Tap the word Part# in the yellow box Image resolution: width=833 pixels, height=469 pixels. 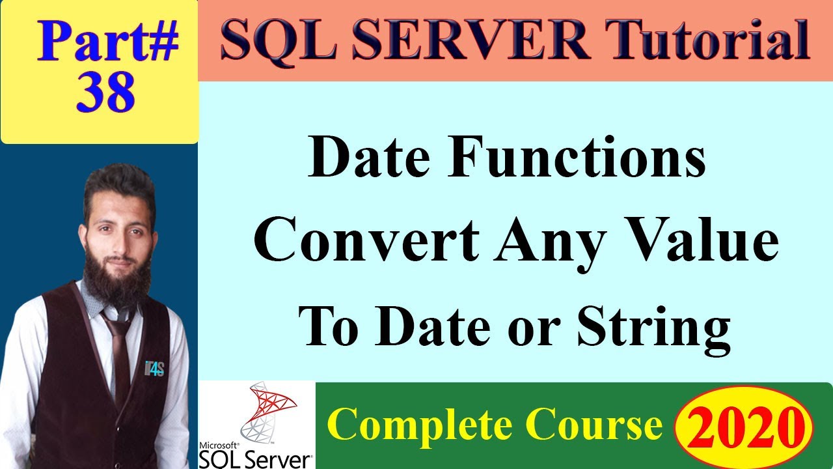107,42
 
